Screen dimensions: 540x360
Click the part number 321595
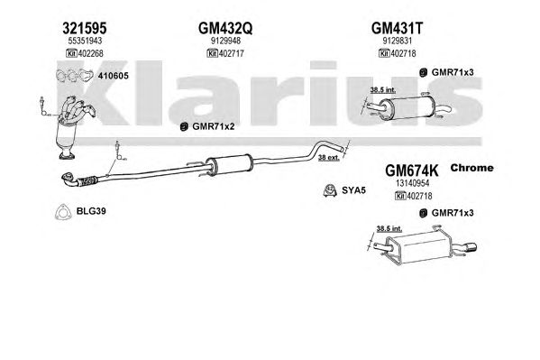pyautogui.click(x=85, y=28)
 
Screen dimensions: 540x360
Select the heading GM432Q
pyautogui.click(x=225, y=28)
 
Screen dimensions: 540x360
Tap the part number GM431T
pyautogui.click(x=397, y=28)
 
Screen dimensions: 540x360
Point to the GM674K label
pyautogui.click(x=412, y=171)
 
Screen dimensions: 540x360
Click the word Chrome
pyautogui.click(x=471, y=168)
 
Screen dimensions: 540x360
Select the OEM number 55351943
pyautogui.click(x=85, y=41)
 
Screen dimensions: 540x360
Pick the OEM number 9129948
pyautogui.click(x=225, y=41)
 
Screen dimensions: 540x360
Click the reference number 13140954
pyautogui.click(x=412, y=183)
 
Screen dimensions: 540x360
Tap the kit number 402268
pyautogui.click(x=90, y=53)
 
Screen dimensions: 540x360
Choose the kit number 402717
pyautogui.click(x=232, y=53)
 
